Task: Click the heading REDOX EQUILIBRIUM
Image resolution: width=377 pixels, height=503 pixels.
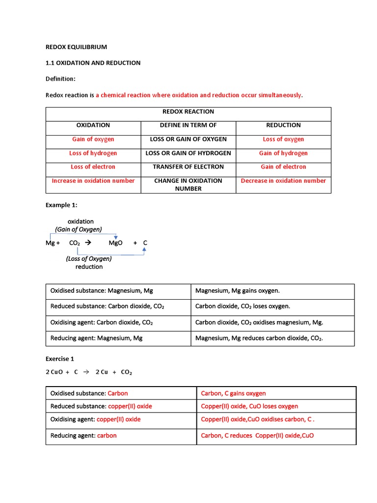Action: pos(76,47)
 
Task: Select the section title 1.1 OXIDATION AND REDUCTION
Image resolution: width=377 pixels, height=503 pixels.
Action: pos(93,63)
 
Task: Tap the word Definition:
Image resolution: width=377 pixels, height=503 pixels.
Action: pos(60,79)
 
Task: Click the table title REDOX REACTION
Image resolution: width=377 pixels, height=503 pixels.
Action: pos(188,112)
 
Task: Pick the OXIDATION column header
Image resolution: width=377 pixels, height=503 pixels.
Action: pos(93,125)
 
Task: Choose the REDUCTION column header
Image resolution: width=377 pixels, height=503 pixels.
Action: pos(283,125)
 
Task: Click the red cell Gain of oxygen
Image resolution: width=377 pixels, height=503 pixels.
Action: pos(93,140)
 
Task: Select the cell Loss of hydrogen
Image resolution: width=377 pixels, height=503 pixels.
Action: pos(93,153)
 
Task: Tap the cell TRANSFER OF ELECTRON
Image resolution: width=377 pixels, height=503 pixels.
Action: pos(188,167)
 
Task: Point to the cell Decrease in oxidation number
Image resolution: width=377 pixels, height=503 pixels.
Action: pos(283,181)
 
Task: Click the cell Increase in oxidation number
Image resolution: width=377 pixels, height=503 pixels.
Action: pos(93,181)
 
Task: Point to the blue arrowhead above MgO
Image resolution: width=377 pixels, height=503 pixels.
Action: pos(115,237)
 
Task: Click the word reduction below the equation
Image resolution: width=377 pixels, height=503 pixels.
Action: pos(89,267)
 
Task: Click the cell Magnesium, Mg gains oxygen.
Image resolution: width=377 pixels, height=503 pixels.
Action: pos(237,291)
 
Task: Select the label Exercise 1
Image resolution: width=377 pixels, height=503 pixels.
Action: pos(60,359)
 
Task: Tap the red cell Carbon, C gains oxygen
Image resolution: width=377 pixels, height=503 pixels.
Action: pos(233,393)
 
